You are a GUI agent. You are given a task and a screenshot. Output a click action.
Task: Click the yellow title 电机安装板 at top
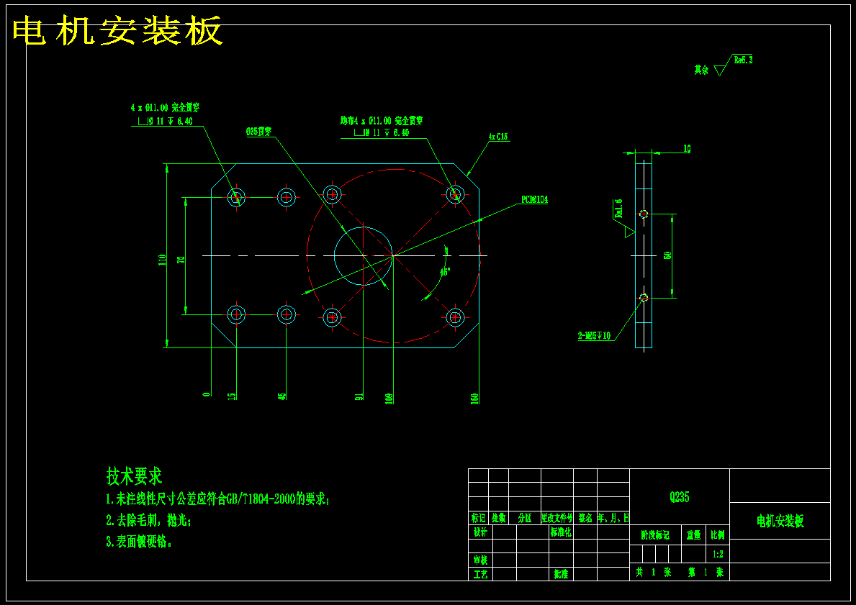tap(117, 32)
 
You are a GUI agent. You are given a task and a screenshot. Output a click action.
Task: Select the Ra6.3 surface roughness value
tap(743, 60)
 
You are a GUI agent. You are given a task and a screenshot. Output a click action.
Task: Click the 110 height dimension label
tap(163, 260)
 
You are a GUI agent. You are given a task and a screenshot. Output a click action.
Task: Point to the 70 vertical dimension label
tap(181, 260)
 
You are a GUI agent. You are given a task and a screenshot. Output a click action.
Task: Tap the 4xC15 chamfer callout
tap(498, 136)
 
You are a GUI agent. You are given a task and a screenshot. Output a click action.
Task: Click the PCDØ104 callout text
tap(535, 199)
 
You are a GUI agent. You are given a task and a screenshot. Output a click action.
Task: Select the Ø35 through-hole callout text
tap(259, 132)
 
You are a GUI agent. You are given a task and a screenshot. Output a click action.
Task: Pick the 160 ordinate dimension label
tap(475, 398)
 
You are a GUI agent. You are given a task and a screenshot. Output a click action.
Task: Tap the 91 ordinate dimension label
tap(359, 396)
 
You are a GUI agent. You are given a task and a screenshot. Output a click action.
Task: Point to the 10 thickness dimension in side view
tap(687, 149)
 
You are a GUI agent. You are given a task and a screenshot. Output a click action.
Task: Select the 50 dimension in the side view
tap(668, 255)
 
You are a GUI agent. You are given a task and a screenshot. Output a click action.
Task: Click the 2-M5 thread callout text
tap(594, 335)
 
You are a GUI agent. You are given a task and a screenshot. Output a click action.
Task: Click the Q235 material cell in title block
tap(679, 497)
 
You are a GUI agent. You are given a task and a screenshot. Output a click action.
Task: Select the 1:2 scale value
tap(718, 555)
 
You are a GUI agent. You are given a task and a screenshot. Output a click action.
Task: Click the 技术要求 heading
tap(135, 476)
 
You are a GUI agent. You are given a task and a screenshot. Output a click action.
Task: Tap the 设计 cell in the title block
tap(480, 532)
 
